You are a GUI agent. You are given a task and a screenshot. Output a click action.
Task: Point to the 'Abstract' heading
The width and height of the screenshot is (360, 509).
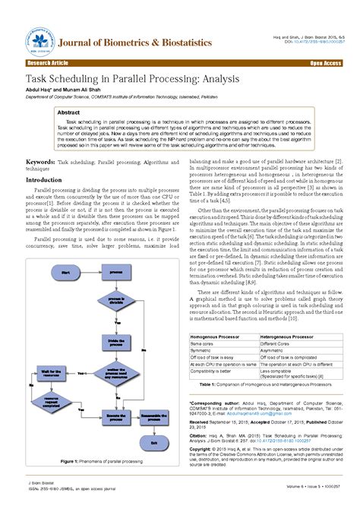coord(70,112)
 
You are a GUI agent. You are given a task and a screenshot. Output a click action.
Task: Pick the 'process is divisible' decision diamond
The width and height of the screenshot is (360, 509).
coord(115,301)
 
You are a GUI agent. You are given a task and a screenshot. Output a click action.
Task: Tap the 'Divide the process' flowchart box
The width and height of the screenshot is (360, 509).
coord(115,343)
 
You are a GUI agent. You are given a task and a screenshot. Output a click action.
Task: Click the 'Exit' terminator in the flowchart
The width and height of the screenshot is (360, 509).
coord(155,443)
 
